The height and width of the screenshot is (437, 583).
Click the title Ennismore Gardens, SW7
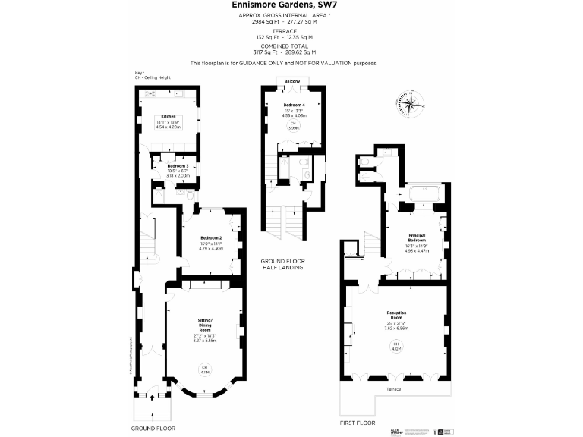291,5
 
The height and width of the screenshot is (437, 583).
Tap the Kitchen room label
169,116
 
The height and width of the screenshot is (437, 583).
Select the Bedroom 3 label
178,165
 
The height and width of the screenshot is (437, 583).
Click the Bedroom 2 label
211,237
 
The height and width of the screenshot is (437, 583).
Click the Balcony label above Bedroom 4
291,81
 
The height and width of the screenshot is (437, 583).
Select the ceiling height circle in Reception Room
395,348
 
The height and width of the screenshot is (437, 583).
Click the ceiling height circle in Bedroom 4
293,127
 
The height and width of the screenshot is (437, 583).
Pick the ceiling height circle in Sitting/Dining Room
204,369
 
